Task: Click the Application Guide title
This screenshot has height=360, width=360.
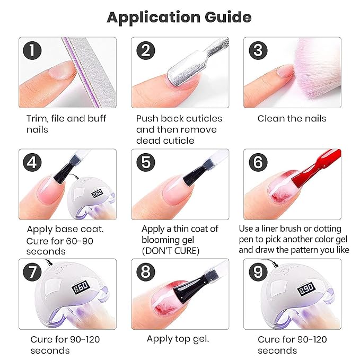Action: (179, 17)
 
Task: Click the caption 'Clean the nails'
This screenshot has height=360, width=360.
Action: (292, 118)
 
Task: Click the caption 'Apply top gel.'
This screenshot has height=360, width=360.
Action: (178, 339)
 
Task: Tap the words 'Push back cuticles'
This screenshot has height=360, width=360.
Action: (179, 118)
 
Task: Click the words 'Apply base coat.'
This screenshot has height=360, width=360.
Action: (65, 230)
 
